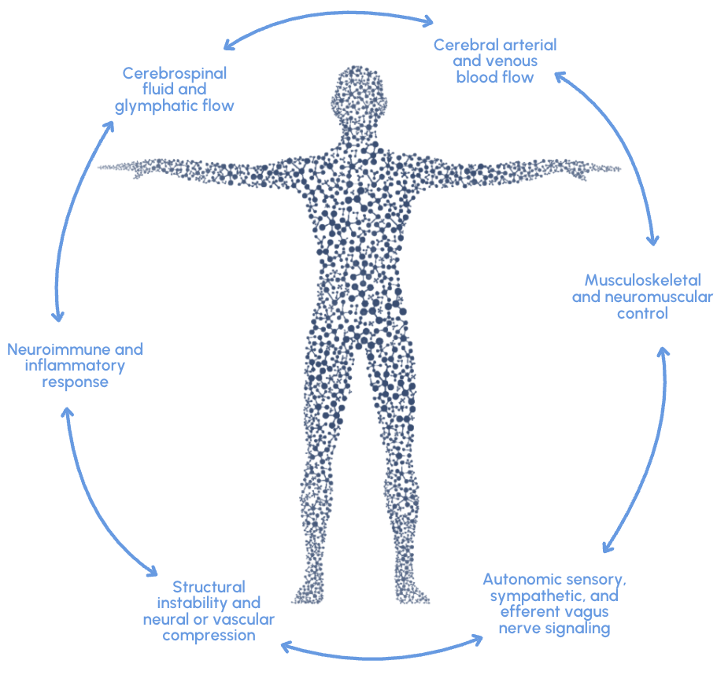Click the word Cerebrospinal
pyautogui.click(x=174, y=73)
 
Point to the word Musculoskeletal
pyautogui.click(x=642, y=280)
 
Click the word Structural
pyautogui.click(x=209, y=587)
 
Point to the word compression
pyautogui.click(x=209, y=635)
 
